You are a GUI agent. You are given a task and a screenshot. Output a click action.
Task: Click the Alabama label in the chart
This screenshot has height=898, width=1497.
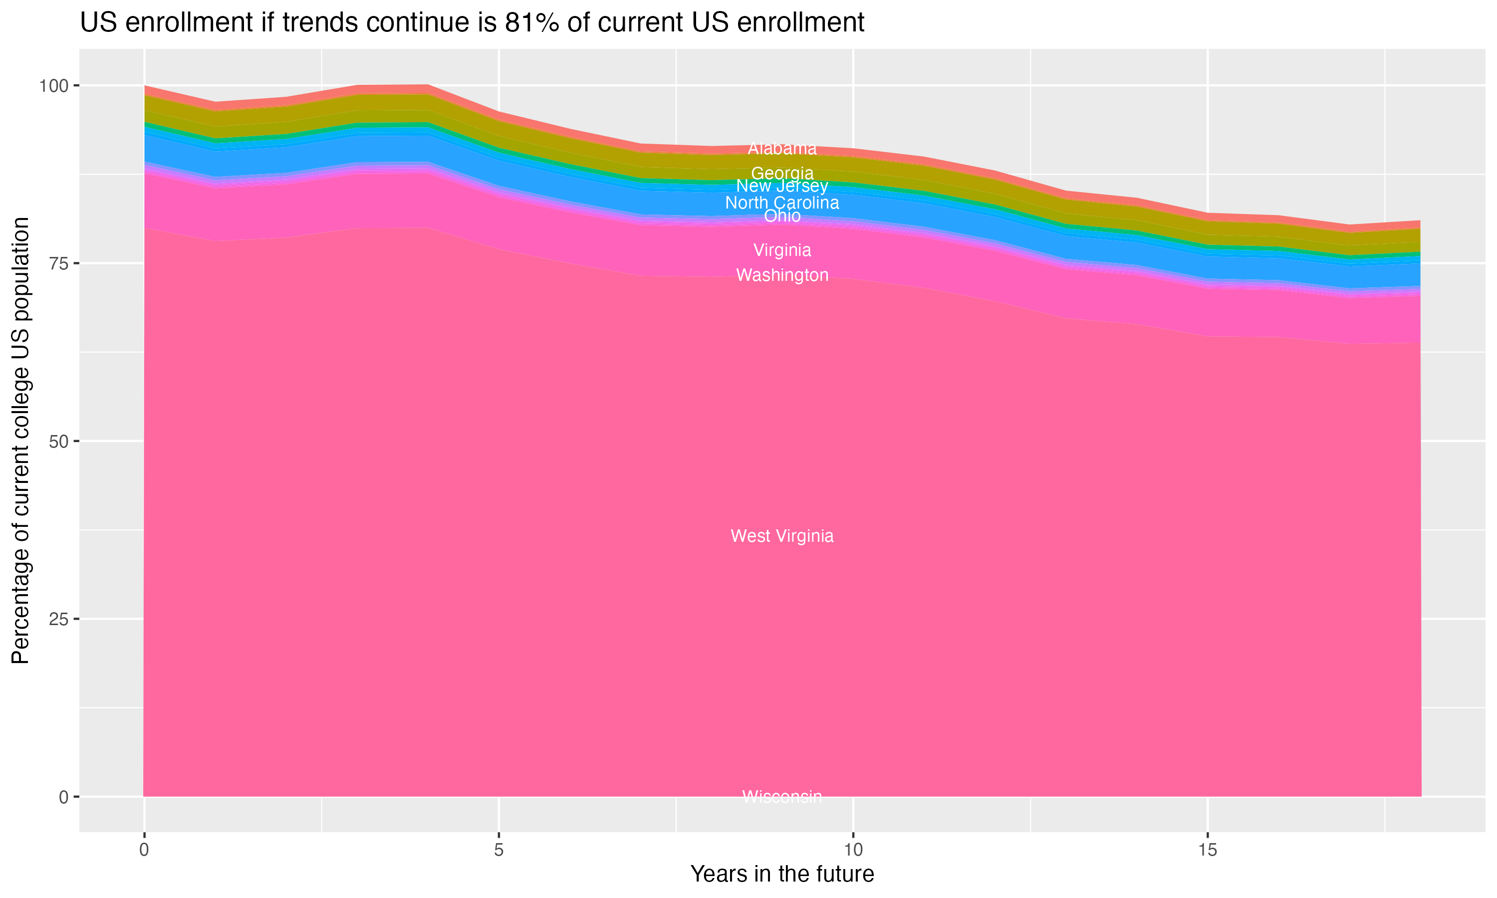[782, 148]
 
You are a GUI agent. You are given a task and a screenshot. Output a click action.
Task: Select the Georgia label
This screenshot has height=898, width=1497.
[782, 173]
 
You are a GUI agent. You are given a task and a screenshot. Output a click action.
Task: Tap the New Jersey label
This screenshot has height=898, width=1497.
[782, 186]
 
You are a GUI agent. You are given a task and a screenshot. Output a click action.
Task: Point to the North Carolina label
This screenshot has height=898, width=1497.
[782, 203]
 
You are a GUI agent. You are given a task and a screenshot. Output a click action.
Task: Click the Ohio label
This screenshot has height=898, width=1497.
[782, 216]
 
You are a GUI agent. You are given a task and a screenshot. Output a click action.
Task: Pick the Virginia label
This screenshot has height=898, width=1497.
[782, 250]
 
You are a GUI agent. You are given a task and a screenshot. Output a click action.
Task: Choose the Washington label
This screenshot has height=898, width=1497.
[782, 275]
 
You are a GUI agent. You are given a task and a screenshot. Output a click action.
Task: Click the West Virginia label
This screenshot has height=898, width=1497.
[782, 536]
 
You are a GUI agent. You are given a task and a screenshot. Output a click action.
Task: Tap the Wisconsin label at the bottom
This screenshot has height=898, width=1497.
[782, 797]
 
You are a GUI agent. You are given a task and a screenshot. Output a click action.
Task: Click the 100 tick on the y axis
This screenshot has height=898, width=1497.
[53, 86]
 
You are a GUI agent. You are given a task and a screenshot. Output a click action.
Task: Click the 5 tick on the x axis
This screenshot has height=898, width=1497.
[499, 850]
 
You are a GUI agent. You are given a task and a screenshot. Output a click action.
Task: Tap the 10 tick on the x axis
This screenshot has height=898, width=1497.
[853, 850]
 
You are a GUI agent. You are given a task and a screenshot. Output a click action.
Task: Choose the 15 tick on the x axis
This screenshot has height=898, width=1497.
[1208, 850]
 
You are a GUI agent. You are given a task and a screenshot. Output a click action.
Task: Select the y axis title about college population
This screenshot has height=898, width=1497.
[20, 441]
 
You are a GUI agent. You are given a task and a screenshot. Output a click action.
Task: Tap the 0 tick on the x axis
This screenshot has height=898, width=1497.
[144, 850]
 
